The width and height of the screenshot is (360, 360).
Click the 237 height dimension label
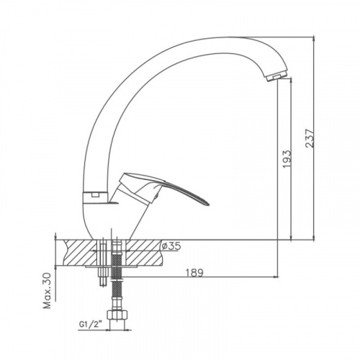310,138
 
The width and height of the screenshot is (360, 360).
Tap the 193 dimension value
287,159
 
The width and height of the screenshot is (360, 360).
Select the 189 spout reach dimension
194,273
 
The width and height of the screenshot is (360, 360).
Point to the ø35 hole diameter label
171,246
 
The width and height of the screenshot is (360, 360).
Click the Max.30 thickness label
47,290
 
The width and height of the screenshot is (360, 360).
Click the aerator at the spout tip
276,76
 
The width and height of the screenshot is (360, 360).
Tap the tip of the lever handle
209,204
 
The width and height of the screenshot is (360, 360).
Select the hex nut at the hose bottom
117,315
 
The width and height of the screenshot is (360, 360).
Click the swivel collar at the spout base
94,197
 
